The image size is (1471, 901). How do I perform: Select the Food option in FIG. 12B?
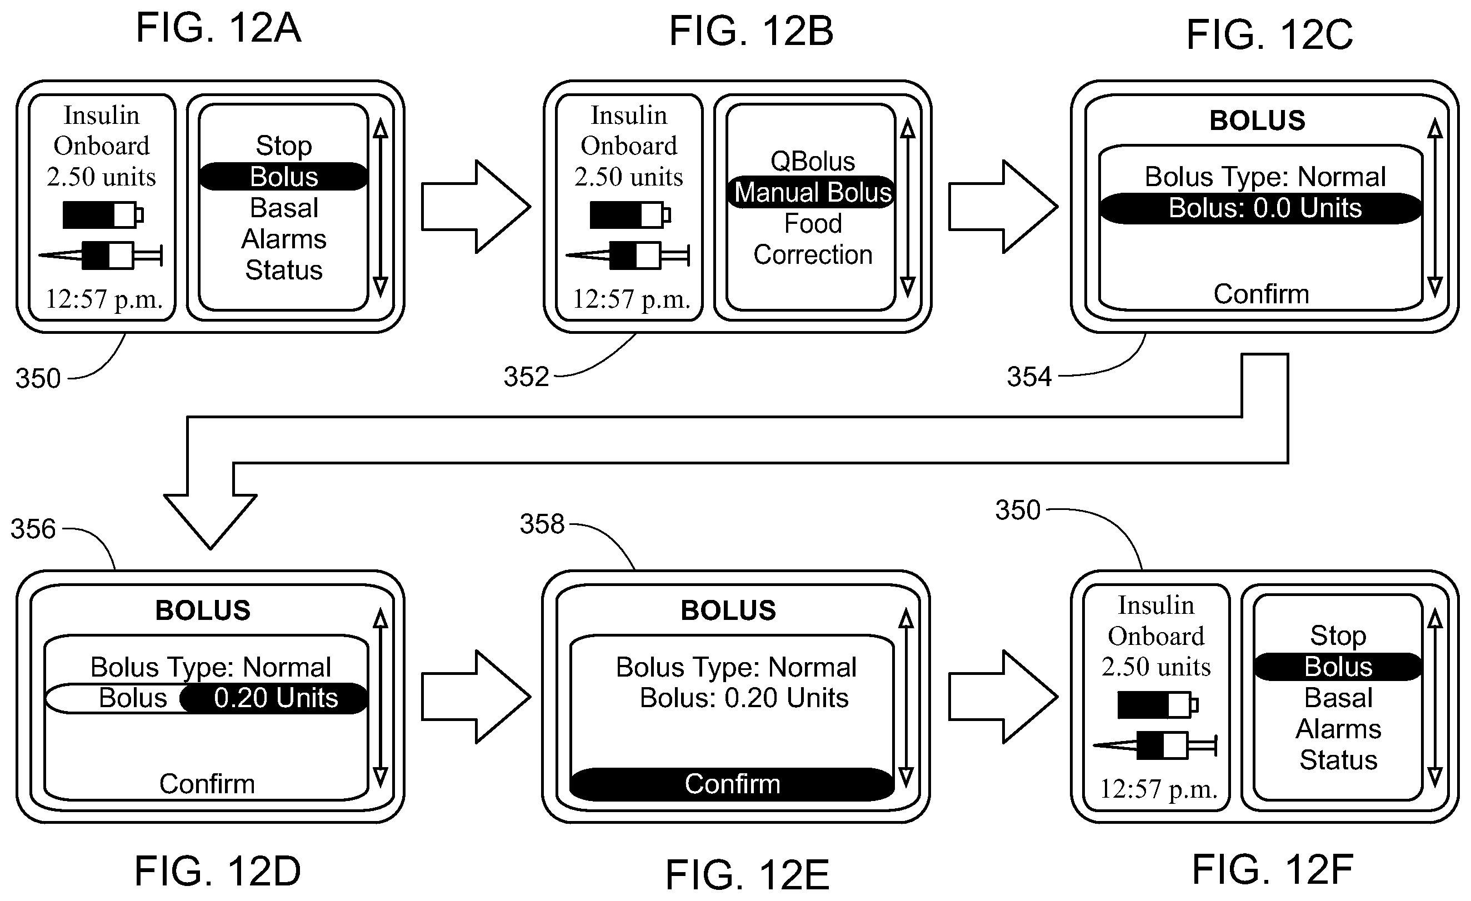tap(813, 223)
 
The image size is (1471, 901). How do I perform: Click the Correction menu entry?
tap(813, 254)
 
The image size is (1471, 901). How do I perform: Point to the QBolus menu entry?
tap(813, 161)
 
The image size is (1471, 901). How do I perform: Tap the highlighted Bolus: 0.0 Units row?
tap(1261, 208)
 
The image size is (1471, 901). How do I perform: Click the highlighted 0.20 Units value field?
tap(274, 698)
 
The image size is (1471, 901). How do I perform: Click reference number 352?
tap(526, 377)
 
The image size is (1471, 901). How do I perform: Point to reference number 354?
tap(1029, 377)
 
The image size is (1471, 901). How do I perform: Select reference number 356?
tap(33, 529)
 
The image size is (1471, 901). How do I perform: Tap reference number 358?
tap(542, 524)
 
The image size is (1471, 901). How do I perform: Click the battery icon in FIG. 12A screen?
tap(103, 214)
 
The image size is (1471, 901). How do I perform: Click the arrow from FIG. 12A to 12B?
tap(476, 207)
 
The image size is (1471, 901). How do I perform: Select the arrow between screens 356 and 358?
tap(476, 697)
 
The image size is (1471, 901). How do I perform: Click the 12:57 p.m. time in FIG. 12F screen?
tap(1158, 789)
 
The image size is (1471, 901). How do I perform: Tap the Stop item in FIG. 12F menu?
tap(1338, 635)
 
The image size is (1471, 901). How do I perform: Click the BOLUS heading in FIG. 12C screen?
tap(1258, 121)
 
